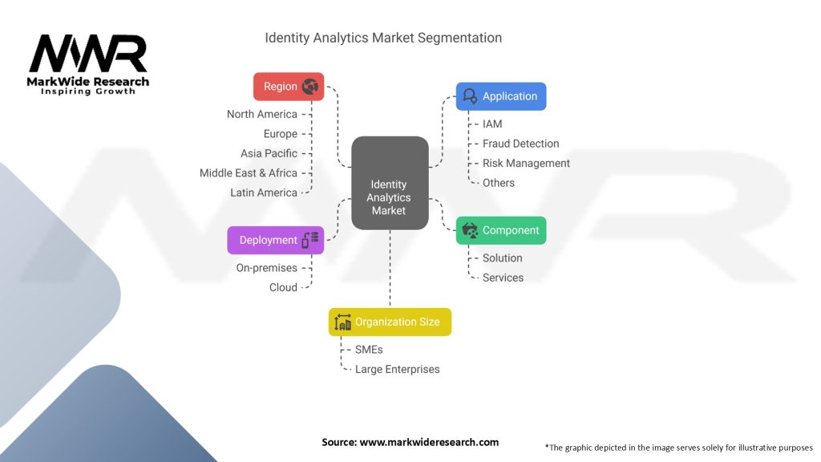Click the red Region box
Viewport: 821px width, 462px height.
[x=289, y=87]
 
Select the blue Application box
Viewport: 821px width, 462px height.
[x=501, y=96]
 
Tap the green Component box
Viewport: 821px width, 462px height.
[x=501, y=230]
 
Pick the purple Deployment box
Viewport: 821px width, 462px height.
[x=276, y=240]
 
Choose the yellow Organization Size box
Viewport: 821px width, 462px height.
[x=390, y=322]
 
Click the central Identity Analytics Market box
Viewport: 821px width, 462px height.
[x=390, y=197]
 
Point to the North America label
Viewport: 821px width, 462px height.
[x=261, y=114]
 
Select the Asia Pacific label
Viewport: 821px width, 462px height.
[x=269, y=153]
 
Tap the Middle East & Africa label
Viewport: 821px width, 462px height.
[x=248, y=172]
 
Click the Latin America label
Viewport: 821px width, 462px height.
[x=263, y=192]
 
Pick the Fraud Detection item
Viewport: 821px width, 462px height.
[x=520, y=144]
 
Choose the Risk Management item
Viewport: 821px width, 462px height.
[x=526, y=163]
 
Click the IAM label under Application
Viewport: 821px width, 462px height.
[x=492, y=124]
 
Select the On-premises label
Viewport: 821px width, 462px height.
[x=266, y=268]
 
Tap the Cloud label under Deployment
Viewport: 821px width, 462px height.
[x=283, y=287]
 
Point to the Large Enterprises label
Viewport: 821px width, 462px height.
[x=397, y=369]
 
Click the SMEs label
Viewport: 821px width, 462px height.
[x=370, y=350]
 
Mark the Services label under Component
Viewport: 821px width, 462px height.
[x=503, y=278]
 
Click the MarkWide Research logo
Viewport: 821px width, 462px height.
[x=88, y=64]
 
